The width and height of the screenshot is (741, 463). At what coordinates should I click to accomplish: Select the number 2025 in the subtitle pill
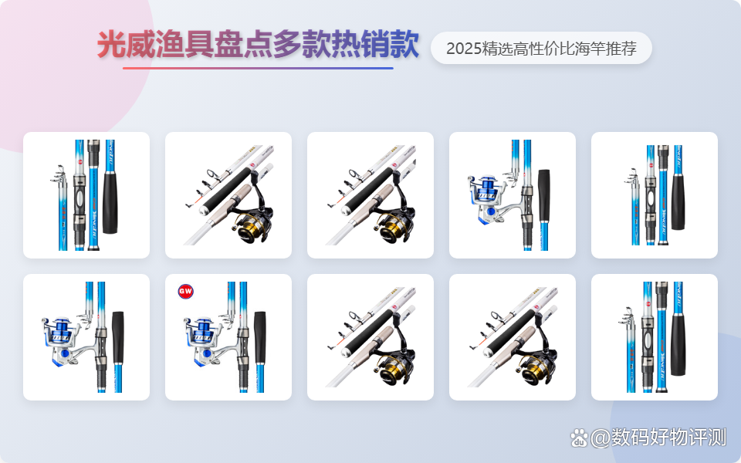[x=463, y=49]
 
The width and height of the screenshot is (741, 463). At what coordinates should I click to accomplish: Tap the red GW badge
[x=185, y=291]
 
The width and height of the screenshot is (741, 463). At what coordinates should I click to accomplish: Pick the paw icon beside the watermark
[x=579, y=438]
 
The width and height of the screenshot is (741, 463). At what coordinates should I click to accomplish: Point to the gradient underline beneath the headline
[x=258, y=69]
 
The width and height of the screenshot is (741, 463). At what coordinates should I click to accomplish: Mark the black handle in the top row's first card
[x=110, y=198]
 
